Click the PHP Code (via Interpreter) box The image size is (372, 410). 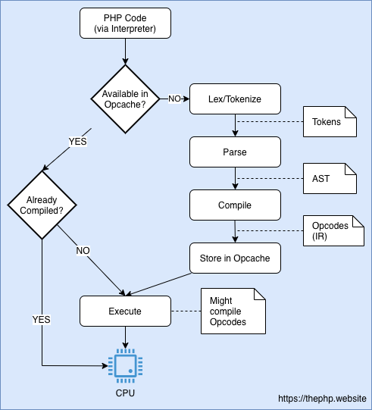pyautogui.click(x=124, y=23)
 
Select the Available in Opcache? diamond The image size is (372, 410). pyautogui.click(x=125, y=99)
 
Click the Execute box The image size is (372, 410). pyautogui.click(x=124, y=311)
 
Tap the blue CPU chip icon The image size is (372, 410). pyautogui.click(x=124, y=364)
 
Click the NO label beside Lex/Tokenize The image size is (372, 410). pyautogui.click(x=174, y=99)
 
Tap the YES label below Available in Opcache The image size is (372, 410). pyautogui.click(x=77, y=141)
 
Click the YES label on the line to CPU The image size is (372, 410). pyautogui.click(x=42, y=319)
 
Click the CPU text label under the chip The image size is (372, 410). pyautogui.click(x=124, y=393)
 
